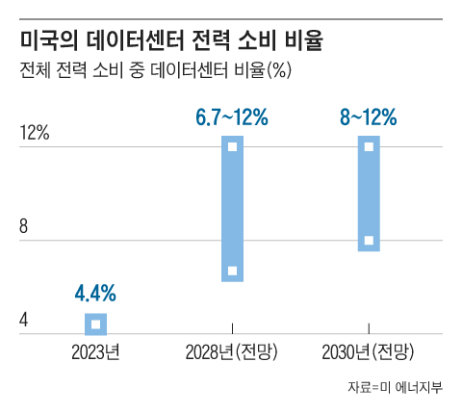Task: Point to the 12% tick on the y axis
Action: tap(35, 134)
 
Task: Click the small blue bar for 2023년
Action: tap(95, 323)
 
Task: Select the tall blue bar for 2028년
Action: tap(232, 208)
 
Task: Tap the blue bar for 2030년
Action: tap(369, 193)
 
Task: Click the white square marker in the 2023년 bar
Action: tap(95, 324)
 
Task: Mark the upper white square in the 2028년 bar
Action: tap(232, 147)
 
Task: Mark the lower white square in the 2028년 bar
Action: tap(232, 271)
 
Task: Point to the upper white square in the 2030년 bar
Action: tap(369, 147)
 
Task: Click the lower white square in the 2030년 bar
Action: tap(369, 240)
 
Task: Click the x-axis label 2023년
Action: tap(95, 350)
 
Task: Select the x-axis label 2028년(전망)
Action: tap(232, 350)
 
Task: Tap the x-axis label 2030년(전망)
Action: tap(369, 350)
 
